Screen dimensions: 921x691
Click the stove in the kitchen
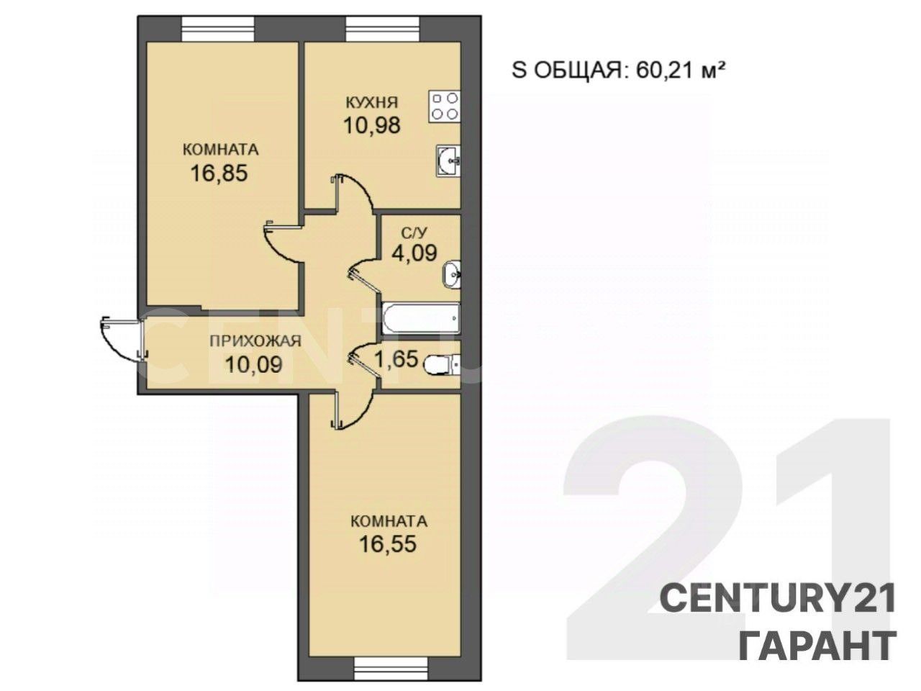point(445,107)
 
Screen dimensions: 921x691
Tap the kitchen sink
point(448,161)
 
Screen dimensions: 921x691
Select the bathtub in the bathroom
point(422,318)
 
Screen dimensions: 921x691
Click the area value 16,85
point(219,173)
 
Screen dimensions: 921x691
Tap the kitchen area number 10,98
point(372,125)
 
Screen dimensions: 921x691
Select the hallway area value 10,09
point(254,364)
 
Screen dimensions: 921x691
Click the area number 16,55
point(388,544)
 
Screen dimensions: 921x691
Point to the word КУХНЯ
point(372,102)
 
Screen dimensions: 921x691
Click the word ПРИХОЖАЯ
point(255,341)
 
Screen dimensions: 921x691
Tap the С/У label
point(415,232)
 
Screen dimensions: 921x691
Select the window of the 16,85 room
point(218,29)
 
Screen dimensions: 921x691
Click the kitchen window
point(382,29)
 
